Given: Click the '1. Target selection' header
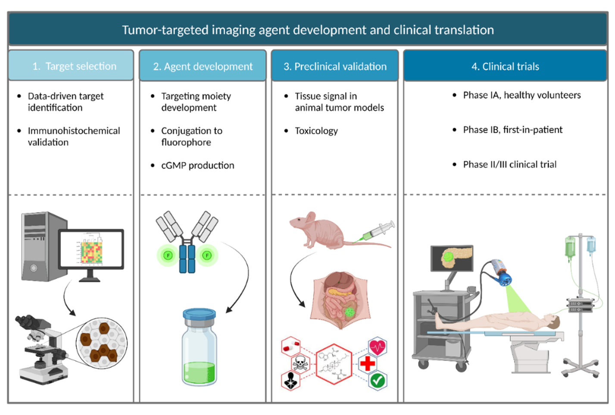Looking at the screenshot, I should click(71, 66).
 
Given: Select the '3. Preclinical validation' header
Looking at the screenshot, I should click(335, 66).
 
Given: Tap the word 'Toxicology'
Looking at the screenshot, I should click(316, 131).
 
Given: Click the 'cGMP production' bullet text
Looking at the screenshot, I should click(197, 165).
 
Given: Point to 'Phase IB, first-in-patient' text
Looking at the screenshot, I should click(512, 130).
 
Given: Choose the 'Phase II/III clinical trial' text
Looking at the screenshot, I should click(509, 164).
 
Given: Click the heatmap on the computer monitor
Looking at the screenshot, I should click(91, 252).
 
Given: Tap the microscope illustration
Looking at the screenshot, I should click(41, 349).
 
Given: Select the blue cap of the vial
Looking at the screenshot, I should click(199, 314).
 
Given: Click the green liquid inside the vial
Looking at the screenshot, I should click(199, 373).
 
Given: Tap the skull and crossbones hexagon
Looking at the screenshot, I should click(300, 364).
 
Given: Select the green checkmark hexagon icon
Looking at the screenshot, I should click(378, 381).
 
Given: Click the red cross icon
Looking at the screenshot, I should click(368, 364).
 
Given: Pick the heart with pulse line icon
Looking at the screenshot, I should click(378, 347).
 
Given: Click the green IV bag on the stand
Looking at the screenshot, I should click(570, 248).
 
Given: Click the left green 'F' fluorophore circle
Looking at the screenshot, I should click(168, 255).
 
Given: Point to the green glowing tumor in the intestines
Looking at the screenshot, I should click(350, 312).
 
